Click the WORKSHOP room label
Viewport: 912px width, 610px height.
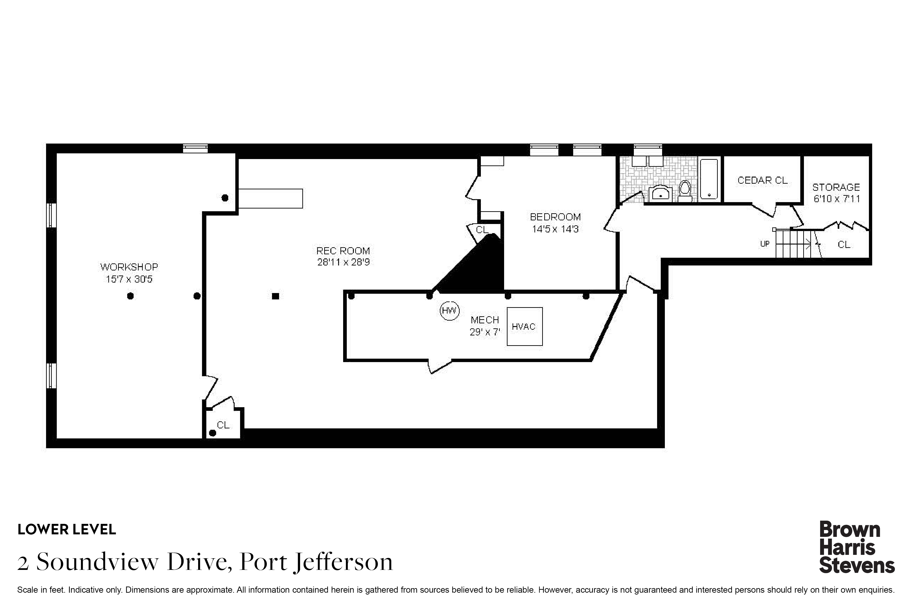[x=129, y=267]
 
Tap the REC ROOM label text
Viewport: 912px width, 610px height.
[x=343, y=251]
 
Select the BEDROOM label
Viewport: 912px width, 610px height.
[x=555, y=217]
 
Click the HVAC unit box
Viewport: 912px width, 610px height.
[x=524, y=326]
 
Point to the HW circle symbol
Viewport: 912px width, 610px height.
[x=450, y=310]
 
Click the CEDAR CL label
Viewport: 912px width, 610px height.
[x=762, y=180]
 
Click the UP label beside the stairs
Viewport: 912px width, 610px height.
[x=764, y=244]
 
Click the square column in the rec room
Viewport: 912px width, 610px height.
[x=276, y=296]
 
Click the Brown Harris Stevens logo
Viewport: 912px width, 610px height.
[x=857, y=547]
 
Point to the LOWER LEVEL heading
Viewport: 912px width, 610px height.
[x=67, y=530]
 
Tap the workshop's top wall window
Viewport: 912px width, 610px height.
[x=195, y=148]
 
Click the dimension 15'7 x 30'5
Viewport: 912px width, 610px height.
[x=129, y=279]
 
